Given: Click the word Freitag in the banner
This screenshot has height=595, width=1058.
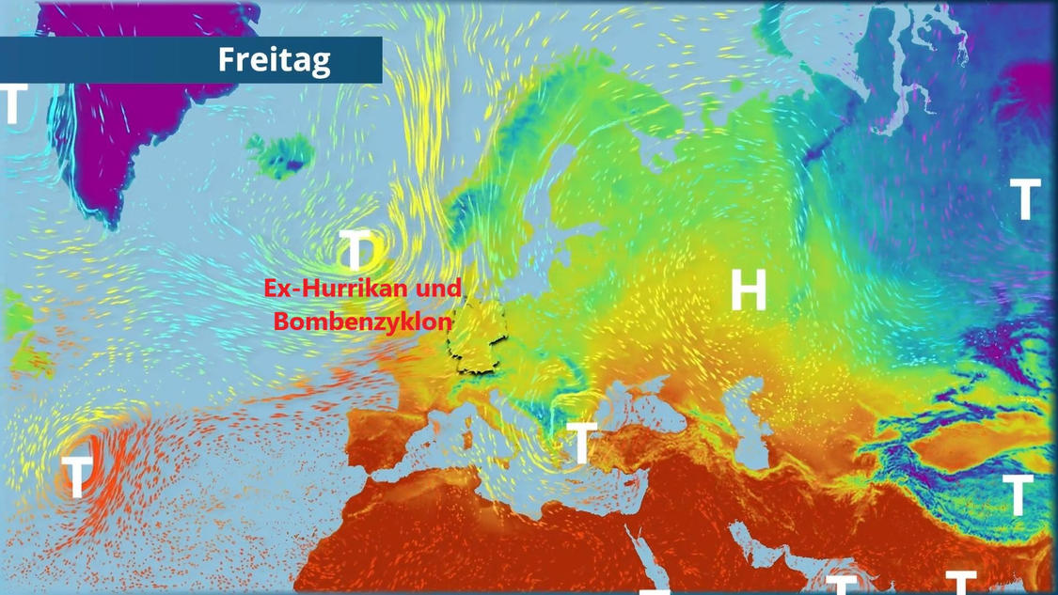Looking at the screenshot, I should pyautogui.click(x=274, y=60).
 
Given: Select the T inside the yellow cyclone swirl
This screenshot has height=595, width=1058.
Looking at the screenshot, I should pyautogui.click(x=356, y=250).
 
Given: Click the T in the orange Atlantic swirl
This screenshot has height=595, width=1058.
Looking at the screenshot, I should pyautogui.click(x=77, y=475).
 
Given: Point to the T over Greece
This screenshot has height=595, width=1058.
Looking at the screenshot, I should pyautogui.click(x=582, y=443).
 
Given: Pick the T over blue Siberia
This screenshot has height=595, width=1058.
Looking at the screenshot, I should pyautogui.click(x=1025, y=199).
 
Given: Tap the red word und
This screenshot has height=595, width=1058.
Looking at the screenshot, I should pyautogui.click(x=439, y=289).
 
